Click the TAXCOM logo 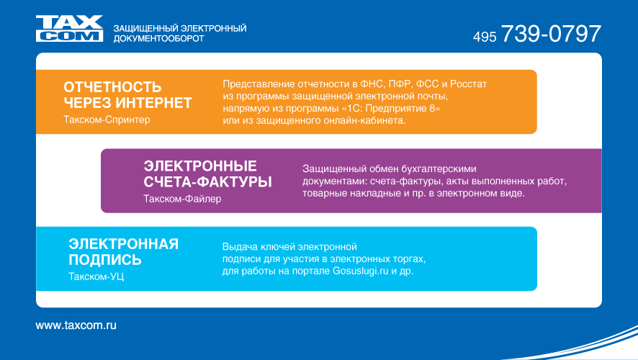point(69,29)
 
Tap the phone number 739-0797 point(551,33)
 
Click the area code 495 point(485,37)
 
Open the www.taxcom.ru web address point(76,325)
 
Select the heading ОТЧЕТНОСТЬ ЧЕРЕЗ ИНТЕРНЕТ point(127,95)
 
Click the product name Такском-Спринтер point(107,120)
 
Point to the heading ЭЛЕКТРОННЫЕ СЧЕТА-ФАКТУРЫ point(207,174)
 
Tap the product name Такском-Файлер point(182,199)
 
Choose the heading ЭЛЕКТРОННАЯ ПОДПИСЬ point(124,252)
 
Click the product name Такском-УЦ point(96,276)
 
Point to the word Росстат point(468,84)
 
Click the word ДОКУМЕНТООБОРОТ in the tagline point(158,39)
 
